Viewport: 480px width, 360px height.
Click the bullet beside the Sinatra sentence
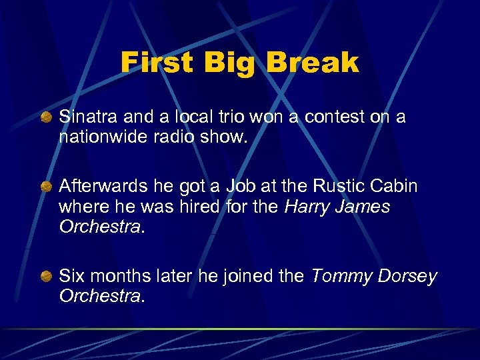pyautogui.click(x=45, y=118)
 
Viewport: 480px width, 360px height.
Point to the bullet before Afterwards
pyautogui.click(x=45, y=187)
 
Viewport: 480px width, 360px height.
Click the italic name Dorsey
pyautogui.click(x=409, y=276)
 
